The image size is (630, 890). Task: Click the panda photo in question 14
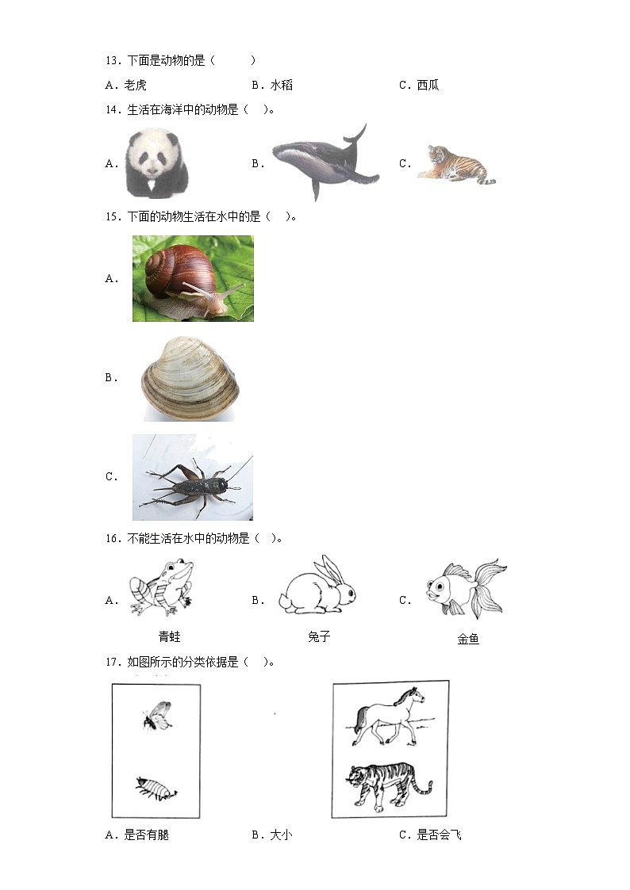click(156, 163)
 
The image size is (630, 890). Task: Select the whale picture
click(325, 161)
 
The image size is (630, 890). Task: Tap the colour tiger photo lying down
click(456, 164)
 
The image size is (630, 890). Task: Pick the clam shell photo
click(190, 378)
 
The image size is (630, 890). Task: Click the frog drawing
click(162, 587)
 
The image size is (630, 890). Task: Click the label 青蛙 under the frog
click(169, 637)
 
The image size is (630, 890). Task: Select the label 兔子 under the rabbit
click(319, 637)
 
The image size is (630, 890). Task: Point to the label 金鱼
click(468, 639)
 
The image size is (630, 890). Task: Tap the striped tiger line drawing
click(389, 783)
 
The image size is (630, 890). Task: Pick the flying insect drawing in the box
click(157, 715)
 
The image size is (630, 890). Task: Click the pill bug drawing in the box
click(156, 789)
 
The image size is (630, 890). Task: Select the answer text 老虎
click(135, 85)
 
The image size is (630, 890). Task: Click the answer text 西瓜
click(428, 85)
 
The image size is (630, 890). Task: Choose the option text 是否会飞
click(439, 835)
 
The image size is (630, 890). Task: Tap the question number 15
click(113, 217)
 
